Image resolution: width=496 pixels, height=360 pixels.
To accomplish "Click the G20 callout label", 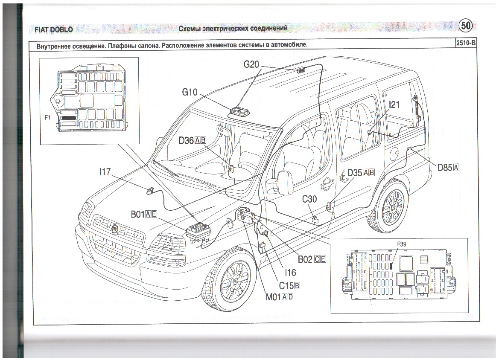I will (251, 64).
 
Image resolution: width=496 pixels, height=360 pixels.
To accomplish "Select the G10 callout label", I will (190, 92).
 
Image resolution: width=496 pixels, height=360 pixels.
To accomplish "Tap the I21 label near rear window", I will (394, 104).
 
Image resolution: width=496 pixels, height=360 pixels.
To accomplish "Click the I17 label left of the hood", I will (105, 172).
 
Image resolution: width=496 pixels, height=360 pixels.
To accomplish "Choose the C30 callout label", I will (309, 199).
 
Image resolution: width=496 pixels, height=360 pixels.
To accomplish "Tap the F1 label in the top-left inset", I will (48, 117).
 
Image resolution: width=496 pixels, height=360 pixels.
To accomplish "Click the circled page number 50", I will (466, 26).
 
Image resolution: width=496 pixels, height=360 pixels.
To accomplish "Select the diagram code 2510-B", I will (465, 43).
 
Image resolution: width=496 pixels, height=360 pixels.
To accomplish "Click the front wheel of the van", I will (230, 278).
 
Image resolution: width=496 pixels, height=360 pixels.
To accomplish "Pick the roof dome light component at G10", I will (240, 112).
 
